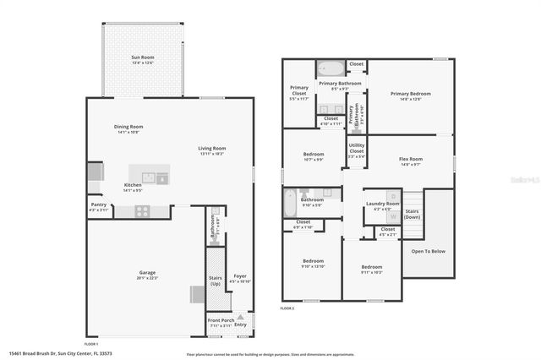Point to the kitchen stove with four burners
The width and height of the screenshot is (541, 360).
coord(140,212)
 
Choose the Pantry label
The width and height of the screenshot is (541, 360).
coord(99,205)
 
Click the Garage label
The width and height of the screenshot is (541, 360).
coord(147,272)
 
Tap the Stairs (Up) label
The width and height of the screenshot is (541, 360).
coord(215,280)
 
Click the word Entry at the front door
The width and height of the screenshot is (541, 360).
coord(241,325)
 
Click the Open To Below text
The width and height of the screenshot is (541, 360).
coord(428,251)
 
